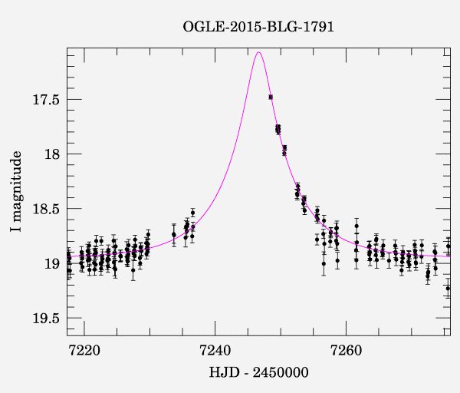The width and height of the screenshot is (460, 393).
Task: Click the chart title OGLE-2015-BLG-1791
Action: point(258,27)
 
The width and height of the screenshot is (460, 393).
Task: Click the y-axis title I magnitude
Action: point(16,192)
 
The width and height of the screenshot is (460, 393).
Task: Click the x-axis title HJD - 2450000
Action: point(258,372)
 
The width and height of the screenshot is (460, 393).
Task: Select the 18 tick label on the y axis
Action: point(51,154)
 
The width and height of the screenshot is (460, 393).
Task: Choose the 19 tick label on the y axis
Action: point(51,263)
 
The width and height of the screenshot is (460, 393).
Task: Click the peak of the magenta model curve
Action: point(259,52)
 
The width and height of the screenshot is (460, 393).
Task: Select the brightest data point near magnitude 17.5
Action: point(271,97)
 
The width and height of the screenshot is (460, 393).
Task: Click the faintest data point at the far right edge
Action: point(448,288)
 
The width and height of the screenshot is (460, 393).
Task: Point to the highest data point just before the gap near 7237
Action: point(192,212)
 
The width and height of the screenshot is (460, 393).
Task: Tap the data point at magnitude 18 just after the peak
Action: point(284,153)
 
